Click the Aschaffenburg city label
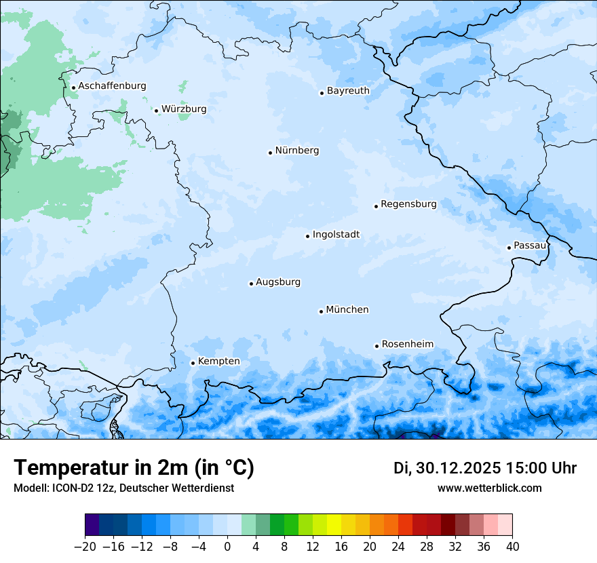112,86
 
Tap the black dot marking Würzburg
156,111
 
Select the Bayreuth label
348,91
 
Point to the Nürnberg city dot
270,153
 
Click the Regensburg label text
408,204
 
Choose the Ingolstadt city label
336,235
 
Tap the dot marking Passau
509,248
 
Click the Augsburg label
277,282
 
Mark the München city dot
321,311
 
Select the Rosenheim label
407,345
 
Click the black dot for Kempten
193,363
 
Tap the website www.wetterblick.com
489,488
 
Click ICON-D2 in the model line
71,488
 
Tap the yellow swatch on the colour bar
334,525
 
